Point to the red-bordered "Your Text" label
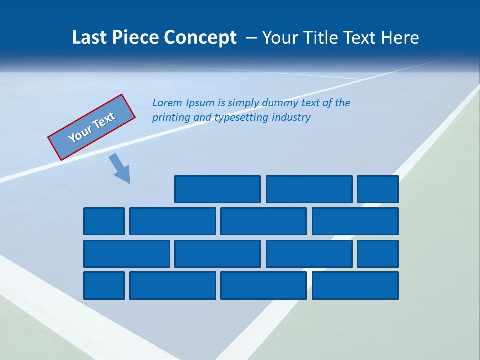[92, 127]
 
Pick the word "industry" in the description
[291, 118]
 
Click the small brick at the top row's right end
[378, 189]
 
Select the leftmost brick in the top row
[217, 189]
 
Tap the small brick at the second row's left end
[104, 221]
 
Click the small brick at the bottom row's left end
[104, 285]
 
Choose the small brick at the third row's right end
[378, 254]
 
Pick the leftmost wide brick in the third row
[126, 254]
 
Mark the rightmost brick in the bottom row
[355, 285]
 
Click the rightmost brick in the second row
[355, 221]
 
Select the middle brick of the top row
[309, 189]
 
